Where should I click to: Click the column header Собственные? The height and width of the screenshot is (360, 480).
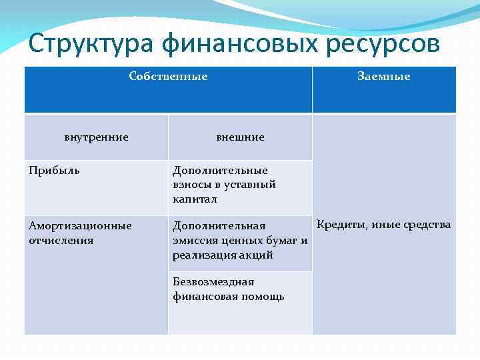168,77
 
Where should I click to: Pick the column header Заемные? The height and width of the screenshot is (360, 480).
384,77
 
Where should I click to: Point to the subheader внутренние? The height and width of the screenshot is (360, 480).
96,137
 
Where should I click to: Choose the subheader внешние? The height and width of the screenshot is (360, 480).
240,137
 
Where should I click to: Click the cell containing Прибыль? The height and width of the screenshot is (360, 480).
54,170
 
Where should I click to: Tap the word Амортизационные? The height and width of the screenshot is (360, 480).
80,226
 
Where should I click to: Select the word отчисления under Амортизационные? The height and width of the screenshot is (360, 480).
61,240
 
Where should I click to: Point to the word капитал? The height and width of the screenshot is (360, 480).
195,199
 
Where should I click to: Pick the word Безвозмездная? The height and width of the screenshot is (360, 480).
213,282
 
